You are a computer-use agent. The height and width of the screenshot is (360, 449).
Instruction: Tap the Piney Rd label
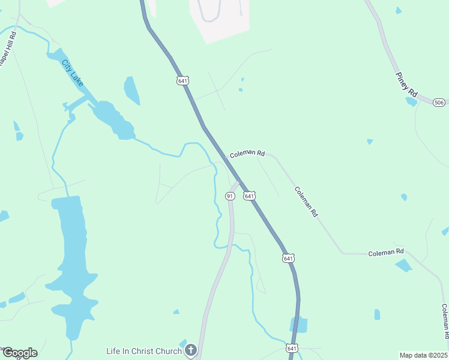pyautogui.click(x=406, y=84)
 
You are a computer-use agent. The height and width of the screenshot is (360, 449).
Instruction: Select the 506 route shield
pyautogui.click(x=439, y=102)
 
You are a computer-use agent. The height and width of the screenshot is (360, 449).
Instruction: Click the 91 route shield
pyautogui.click(x=229, y=196)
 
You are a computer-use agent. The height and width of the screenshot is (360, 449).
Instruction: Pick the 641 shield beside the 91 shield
pyautogui.click(x=250, y=196)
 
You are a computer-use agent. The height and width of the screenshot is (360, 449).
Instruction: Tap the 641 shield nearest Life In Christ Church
pyautogui.click(x=292, y=348)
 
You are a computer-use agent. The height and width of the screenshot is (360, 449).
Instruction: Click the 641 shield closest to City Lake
pyautogui.click(x=183, y=80)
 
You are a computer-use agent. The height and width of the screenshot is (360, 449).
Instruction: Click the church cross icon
pyautogui.click(x=191, y=350)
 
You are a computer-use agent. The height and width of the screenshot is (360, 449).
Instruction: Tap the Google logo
pyautogui.click(x=20, y=353)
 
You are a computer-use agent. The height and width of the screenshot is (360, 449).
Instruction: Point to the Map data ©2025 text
pyautogui.click(x=423, y=355)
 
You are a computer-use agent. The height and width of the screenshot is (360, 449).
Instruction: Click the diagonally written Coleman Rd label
pyautogui.click(x=306, y=201)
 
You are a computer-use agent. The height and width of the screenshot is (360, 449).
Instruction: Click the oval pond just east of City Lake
pyautogui.click(x=131, y=91)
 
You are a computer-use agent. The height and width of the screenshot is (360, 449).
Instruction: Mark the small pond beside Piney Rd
pyautogui.click(x=411, y=101)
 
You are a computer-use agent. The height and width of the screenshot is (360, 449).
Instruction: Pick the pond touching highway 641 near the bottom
pyautogui.click(x=299, y=325)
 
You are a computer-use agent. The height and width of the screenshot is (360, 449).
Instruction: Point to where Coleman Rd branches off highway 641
pyautogui.click(x=225, y=157)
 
